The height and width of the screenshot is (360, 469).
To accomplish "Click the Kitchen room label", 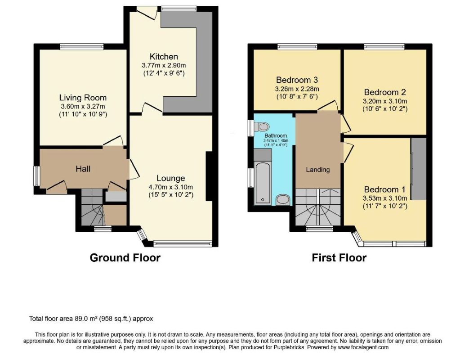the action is click(164, 57).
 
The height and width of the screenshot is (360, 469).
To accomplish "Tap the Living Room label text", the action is click(83, 98).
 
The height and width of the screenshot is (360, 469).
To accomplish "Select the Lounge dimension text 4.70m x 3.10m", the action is click(171, 187).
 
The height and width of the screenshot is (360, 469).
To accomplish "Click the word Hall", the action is click(83, 169).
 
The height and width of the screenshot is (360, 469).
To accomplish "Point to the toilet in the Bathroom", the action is click(261, 126).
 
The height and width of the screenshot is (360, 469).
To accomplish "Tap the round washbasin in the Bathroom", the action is click(283, 200).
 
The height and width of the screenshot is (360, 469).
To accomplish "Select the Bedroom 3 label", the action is click(297, 80).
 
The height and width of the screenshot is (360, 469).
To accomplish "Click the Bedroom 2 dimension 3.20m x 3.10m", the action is click(385, 101).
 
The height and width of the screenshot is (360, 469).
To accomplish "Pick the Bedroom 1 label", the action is click(384, 189).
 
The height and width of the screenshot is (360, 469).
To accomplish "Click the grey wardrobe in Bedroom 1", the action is click(419, 169).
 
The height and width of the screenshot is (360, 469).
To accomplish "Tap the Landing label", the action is click(317, 170).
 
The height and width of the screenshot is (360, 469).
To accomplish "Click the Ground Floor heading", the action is click(125, 258).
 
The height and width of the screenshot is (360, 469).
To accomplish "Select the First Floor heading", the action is click(339, 258).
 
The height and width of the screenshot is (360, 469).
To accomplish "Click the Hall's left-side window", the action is click(36, 175).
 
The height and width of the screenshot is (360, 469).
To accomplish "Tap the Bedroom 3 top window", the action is click(297, 46).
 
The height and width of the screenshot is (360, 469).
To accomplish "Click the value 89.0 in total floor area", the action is click(81, 319).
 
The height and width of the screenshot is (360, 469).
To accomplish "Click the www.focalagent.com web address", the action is click(363, 347).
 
